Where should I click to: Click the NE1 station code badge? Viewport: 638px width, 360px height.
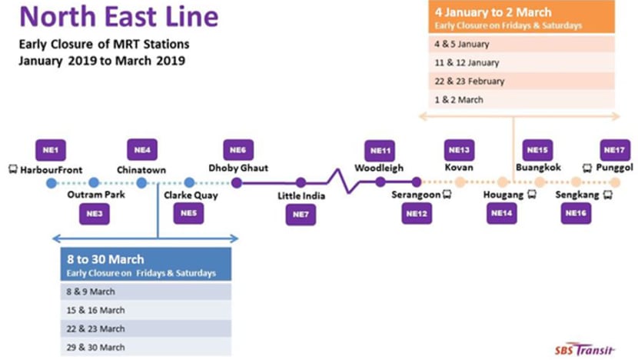51,150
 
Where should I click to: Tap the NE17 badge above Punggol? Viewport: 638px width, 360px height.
615,150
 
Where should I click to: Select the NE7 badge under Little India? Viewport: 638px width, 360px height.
301,214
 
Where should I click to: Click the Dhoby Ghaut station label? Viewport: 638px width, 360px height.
238,168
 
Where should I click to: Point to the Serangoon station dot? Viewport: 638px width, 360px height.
417,182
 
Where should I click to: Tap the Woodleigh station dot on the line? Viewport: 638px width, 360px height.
380,182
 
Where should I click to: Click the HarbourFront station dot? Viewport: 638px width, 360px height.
52,183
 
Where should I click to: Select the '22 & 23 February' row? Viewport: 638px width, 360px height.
521,81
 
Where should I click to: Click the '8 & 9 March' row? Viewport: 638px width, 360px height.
146,292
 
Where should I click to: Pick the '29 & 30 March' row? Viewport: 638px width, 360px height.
146,347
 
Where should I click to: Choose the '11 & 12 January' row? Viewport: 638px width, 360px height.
521,62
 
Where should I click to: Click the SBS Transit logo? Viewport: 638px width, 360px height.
585,349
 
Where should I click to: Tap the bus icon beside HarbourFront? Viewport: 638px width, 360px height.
13,169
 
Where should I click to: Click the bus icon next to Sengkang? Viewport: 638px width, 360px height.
608,195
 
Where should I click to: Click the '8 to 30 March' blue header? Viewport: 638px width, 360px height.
146,264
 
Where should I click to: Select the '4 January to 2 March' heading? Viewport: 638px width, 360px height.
493,12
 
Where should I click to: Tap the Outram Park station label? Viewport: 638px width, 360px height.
96,195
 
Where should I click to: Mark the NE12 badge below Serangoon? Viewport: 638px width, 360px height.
417,213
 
